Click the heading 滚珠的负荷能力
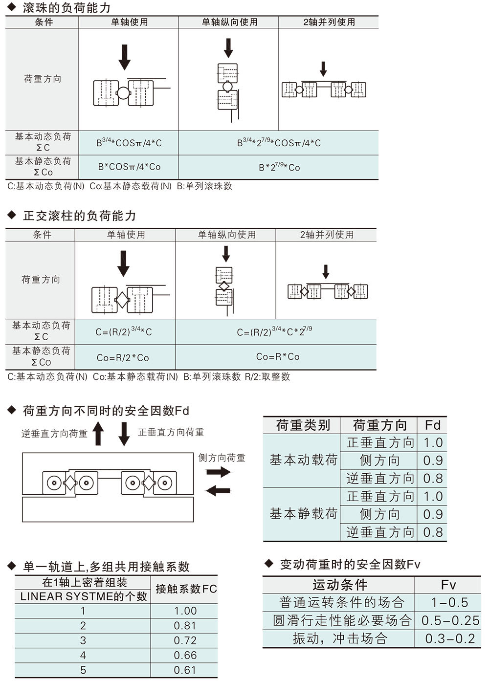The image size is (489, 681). pyautogui.click(x=67, y=8)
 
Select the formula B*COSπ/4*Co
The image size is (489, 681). pyautogui.click(x=129, y=167)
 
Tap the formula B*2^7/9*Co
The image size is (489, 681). pyautogui.click(x=279, y=167)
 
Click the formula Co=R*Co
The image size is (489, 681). pyautogui.click(x=278, y=356)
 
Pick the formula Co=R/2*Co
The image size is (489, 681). pyautogui.click(x=123, y=357)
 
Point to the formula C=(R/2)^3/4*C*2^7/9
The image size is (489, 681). pyautogui.click(x=274, y=331)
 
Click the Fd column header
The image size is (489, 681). pyautogui.click(x=432, y=425)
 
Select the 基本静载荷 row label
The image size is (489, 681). pyautogui.click(x=303, y=513)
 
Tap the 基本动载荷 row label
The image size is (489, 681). pyautogui.click(x=303, y=460)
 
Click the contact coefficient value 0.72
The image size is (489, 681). pyautogui.click(x=185, y=640)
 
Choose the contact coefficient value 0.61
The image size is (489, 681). pyautogui.click(x=185, y=670)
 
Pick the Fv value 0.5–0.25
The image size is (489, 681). pyautogui.click(x=450, y=620)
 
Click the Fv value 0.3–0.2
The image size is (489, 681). pyautogui.click(x=450, y=638)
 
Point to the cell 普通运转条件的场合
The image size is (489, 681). pyautogui.click(x=342, y=602)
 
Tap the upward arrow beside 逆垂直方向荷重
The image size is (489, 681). pyautogui.click(x=98, y=434)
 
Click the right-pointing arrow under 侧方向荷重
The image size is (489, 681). pyautogui.click(x=219, y=472)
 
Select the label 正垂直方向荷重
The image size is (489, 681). pyautogui.click(x=171, y=432)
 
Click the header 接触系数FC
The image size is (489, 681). pyautogui.click(x=186, y=589)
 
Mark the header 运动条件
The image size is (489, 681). pyautogui.click(x=340, y=584)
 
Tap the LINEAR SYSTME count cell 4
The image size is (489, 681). pyautogui.click(x=83, y=655)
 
